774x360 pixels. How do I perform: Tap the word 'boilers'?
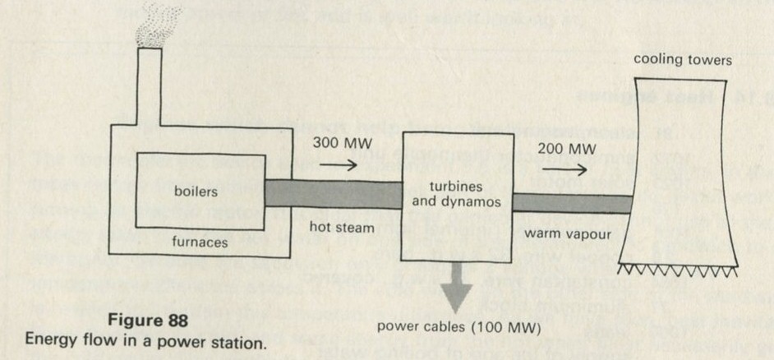196,192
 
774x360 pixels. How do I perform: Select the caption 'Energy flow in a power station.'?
146,340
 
